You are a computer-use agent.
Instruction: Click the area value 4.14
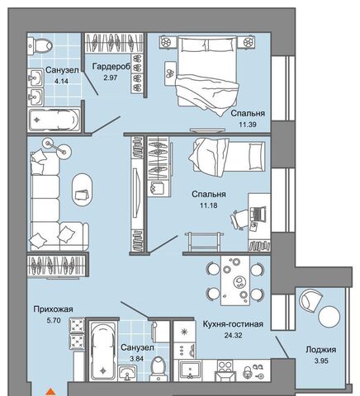click(61, 81)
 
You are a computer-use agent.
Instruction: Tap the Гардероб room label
click(111, 67)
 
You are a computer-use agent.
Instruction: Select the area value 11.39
click(248, 125)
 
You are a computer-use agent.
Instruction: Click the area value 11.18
click(209, 205)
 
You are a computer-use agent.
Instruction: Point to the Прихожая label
click(53, 309)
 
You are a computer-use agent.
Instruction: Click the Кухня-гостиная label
click(233, 324)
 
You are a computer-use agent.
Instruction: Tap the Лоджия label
click(321, 350)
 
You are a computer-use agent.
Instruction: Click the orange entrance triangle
click(50, 392)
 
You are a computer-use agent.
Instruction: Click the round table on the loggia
click(329, 316)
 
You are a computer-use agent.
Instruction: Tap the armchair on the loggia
click(311, 300)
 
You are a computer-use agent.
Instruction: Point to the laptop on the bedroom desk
click(259, 214)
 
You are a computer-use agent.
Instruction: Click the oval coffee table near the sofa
click(82, 190)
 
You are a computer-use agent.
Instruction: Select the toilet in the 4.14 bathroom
click(40, 45)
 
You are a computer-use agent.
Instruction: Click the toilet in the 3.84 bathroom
click(159, 369)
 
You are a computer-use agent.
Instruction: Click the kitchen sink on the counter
click(190, 370)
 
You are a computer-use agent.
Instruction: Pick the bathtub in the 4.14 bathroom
click(54, 120)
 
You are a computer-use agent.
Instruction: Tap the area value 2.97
click(111, 78)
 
